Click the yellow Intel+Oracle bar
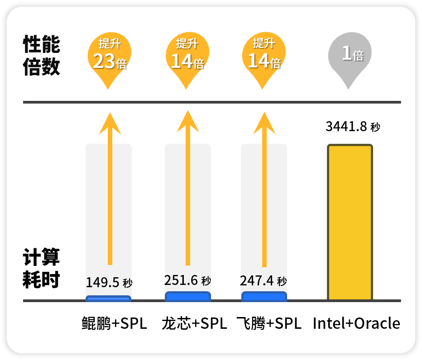[350, 222]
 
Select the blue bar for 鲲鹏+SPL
[109, 298]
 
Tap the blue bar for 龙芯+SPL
[188, 296]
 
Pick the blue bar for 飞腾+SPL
[264, 296]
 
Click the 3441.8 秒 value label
[353, 126]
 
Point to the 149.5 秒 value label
[109, 282]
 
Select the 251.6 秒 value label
[187, 280]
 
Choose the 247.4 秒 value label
[263, 281]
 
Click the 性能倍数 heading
[41, 55]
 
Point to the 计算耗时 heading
[41, 268]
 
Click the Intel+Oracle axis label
[356, 323]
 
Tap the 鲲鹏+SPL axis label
[115, 323]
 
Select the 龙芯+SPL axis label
[194, 323]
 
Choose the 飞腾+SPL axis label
[269, 323]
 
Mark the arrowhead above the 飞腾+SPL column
[264, 123]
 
